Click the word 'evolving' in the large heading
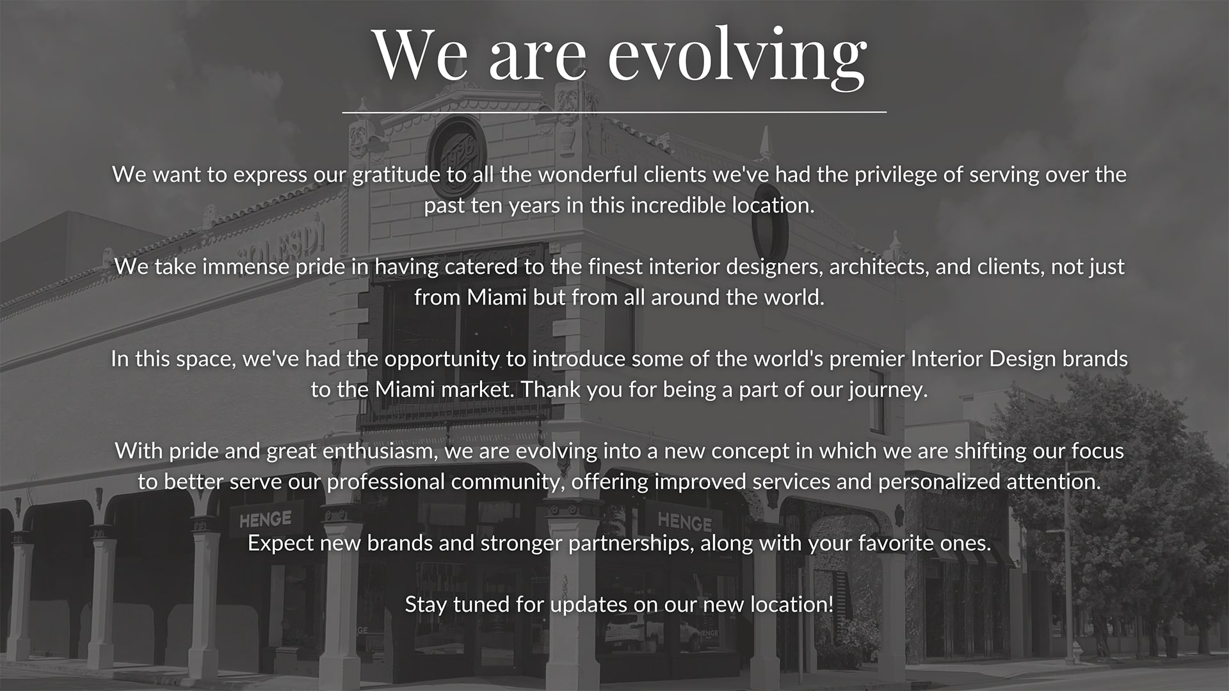click(x=737, y=57)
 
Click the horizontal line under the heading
click(x=614, y=112)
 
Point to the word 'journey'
click(x=888, y=390)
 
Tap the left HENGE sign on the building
click(x=265, y=518)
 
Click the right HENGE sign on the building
click(x=684, y=521)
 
